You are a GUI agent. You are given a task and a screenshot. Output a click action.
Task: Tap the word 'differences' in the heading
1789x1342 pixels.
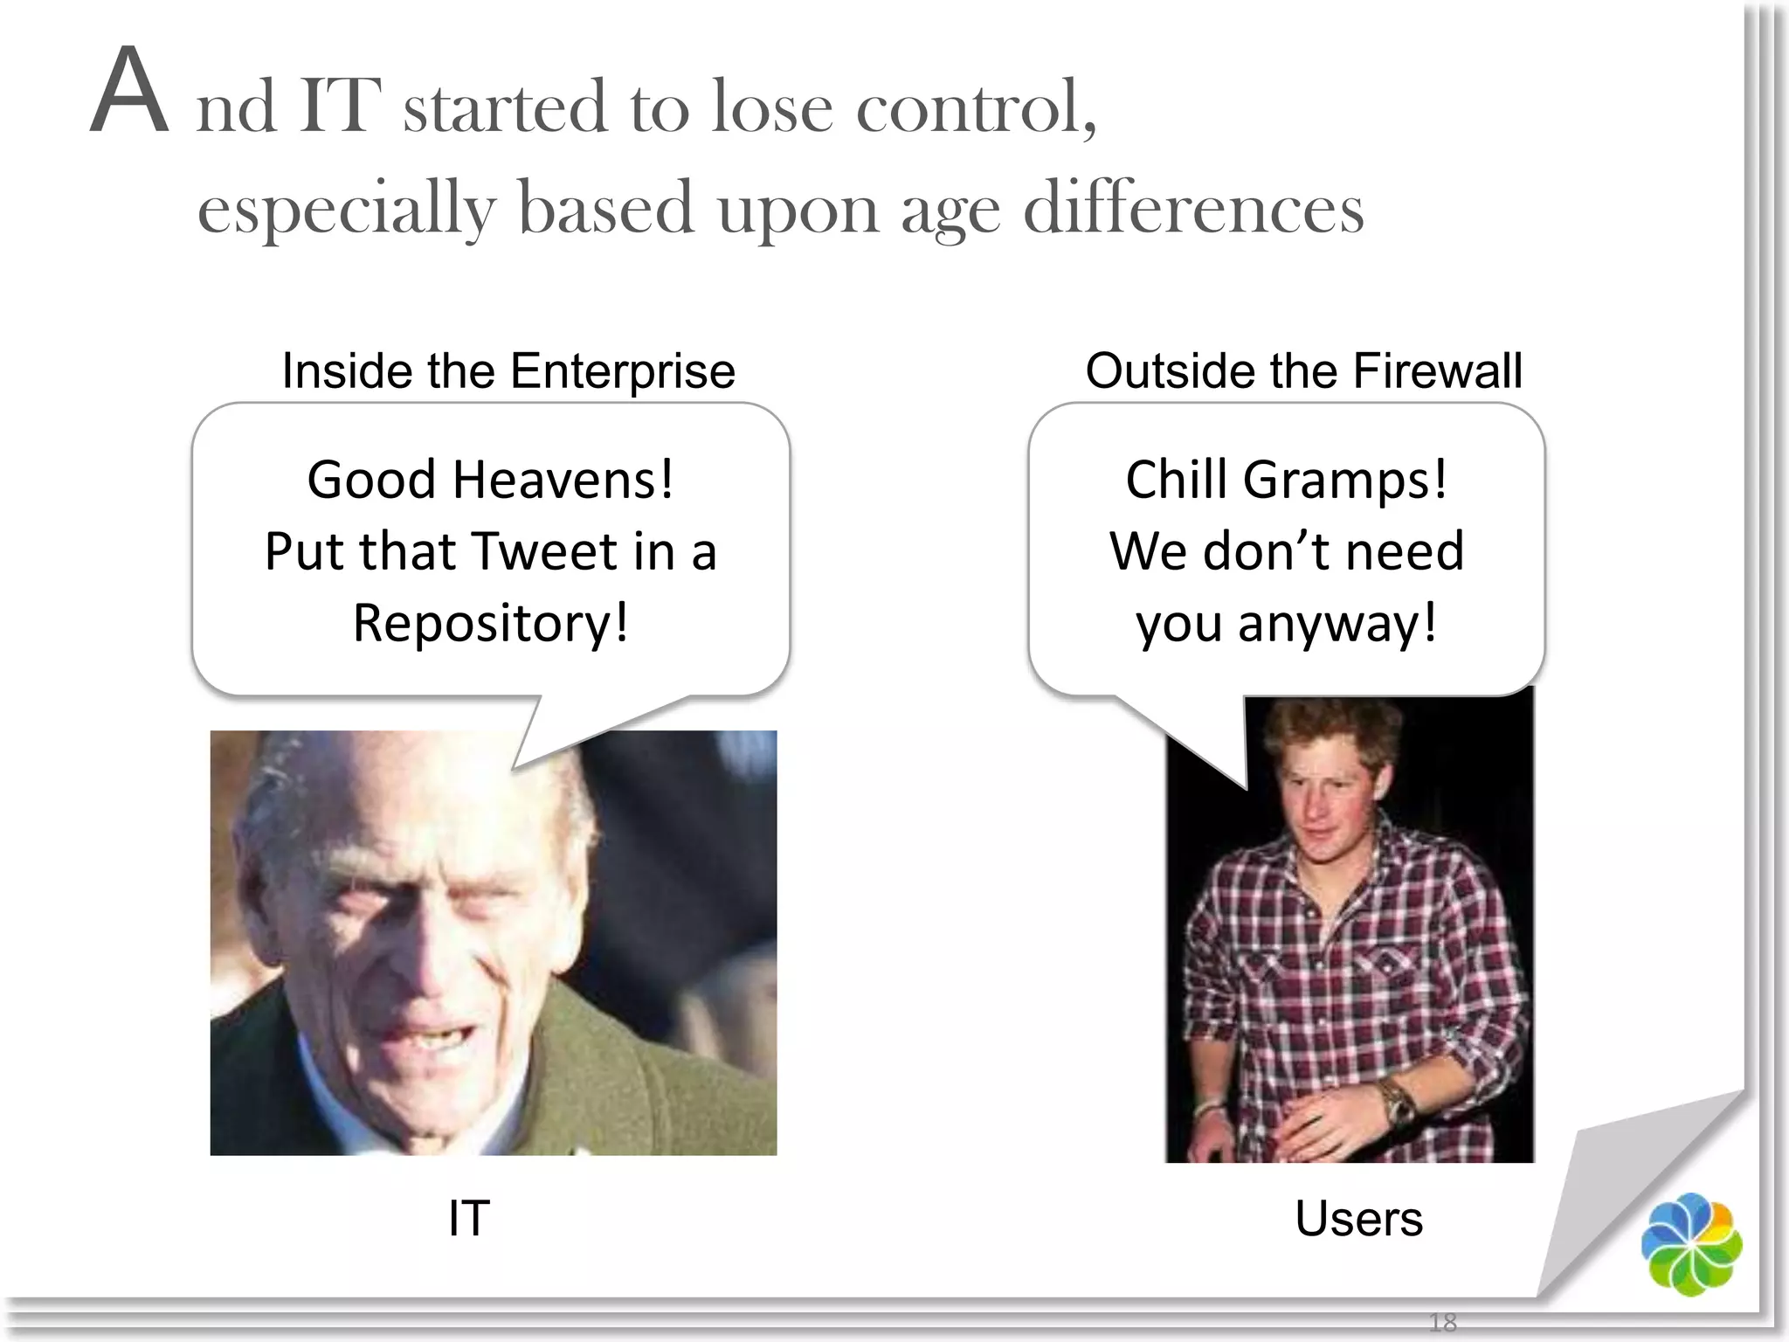coord(1193,210)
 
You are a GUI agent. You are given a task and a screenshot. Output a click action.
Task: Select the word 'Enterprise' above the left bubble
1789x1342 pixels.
coord(622,371)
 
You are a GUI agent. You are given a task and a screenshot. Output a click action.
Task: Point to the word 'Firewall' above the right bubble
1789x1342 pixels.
coord(1437,371)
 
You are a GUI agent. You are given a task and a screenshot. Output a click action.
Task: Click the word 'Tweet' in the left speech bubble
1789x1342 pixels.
coord(545,552)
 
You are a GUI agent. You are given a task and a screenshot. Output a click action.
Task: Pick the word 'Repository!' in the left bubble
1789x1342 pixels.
coord(490,624)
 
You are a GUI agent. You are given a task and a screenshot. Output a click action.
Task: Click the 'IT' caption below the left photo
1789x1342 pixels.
coord(469,1218)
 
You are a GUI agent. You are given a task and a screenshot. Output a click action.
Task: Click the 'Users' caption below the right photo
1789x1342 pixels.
coord(1358,1218)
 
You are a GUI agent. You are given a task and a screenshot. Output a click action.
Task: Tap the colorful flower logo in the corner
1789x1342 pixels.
coord(1691,1243)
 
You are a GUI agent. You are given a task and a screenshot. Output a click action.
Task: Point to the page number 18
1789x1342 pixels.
coord(1442,1322)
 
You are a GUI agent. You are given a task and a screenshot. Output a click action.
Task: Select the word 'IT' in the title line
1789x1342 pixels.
coord(339,107)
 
